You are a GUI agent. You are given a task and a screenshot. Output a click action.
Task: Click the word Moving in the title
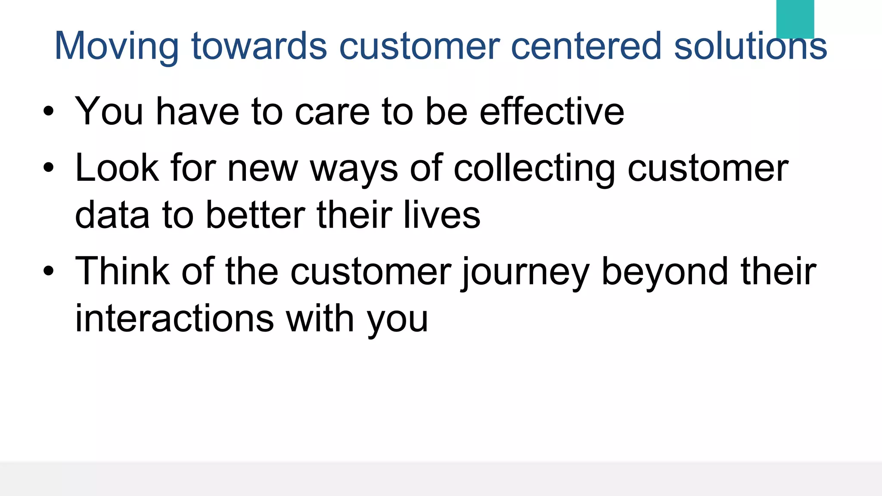tap(116, 46)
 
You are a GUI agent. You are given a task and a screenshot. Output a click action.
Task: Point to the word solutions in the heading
tap(750, 46)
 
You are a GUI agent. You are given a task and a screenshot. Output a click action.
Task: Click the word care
tap(332, 112)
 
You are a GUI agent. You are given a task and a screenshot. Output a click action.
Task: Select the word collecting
tap(534, 169)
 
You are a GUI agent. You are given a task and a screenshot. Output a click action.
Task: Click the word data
tap(112, 215)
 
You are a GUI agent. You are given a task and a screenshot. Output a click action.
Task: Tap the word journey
tap(525, 273)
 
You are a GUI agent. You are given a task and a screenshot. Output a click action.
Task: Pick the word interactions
tap(174, 318)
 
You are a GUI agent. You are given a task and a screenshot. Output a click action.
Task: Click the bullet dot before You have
tap(49, 112)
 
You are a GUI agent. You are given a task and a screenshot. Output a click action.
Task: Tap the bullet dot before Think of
tap(49, 271)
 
